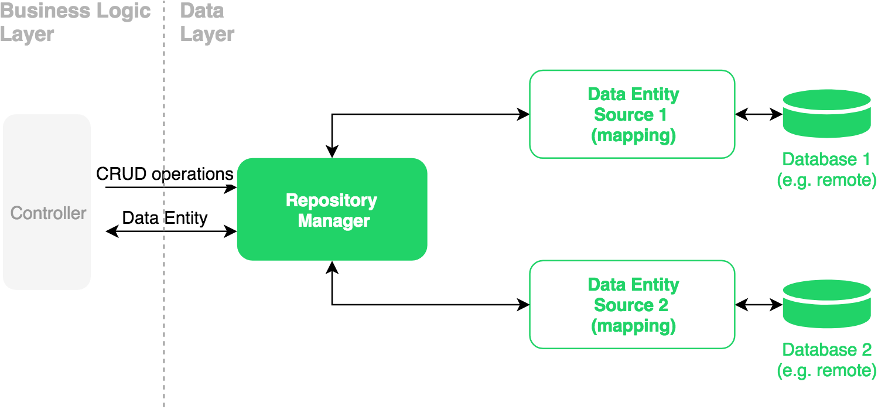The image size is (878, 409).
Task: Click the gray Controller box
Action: (x=47, y=202)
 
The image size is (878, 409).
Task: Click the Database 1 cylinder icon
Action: (x=826, y=114)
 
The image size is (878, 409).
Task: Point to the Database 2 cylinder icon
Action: (x=826, y=304)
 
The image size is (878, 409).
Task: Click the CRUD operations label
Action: (x=165, y=174)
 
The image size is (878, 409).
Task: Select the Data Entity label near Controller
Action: (x=165, y=218)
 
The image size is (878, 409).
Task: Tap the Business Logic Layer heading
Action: (x=75, y=22)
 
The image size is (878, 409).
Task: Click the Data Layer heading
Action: (x=206, y=22)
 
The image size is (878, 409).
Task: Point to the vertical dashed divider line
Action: (x=164, y=322)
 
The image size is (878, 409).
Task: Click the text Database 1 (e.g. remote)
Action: (x=826, y=169)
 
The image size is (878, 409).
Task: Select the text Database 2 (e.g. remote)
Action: (x=826, y=360)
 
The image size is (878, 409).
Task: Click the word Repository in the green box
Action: (x=332, y=200)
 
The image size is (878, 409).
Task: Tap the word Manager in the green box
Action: (x=334, y=221)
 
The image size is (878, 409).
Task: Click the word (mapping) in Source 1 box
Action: (x=633, y=135)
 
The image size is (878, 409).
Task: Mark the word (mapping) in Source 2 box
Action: (x=633, y=326)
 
